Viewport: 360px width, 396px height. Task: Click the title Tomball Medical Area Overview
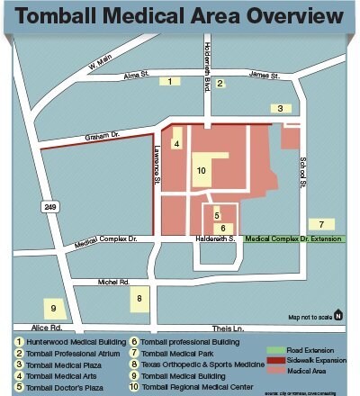(180, 17)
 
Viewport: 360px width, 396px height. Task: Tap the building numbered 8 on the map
(139, 298)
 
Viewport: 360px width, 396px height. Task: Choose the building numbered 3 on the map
(282, 108)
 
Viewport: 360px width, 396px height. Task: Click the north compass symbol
(338, 314)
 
